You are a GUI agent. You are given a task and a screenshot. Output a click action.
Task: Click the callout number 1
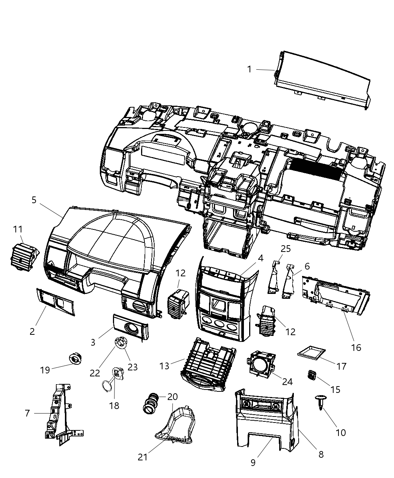pyautogui.click(x=249, y=69)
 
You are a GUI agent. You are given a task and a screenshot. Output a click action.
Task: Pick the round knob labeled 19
pyautogui.click(x=75, y=359)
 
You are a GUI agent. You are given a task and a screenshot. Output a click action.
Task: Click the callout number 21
pyautogui.click(x=143, y=457)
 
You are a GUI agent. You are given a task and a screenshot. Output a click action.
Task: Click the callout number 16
pyautogui.click(x=356, y=348)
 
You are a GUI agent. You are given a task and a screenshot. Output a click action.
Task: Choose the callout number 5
pyautogui.click(x=34, y=200)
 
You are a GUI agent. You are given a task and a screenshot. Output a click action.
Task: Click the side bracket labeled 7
pyautogui.click(x=60, y=412)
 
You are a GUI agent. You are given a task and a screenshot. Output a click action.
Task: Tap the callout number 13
pyautogui.click(x=164, y=366)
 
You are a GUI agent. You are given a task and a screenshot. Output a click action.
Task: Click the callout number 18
pyautogui.click(x=114, y=405)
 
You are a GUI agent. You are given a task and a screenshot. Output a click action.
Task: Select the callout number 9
pyautogui.click(x=253, y=463)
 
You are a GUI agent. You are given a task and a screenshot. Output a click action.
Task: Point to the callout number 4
pyautogui.click(x=260, y=258)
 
